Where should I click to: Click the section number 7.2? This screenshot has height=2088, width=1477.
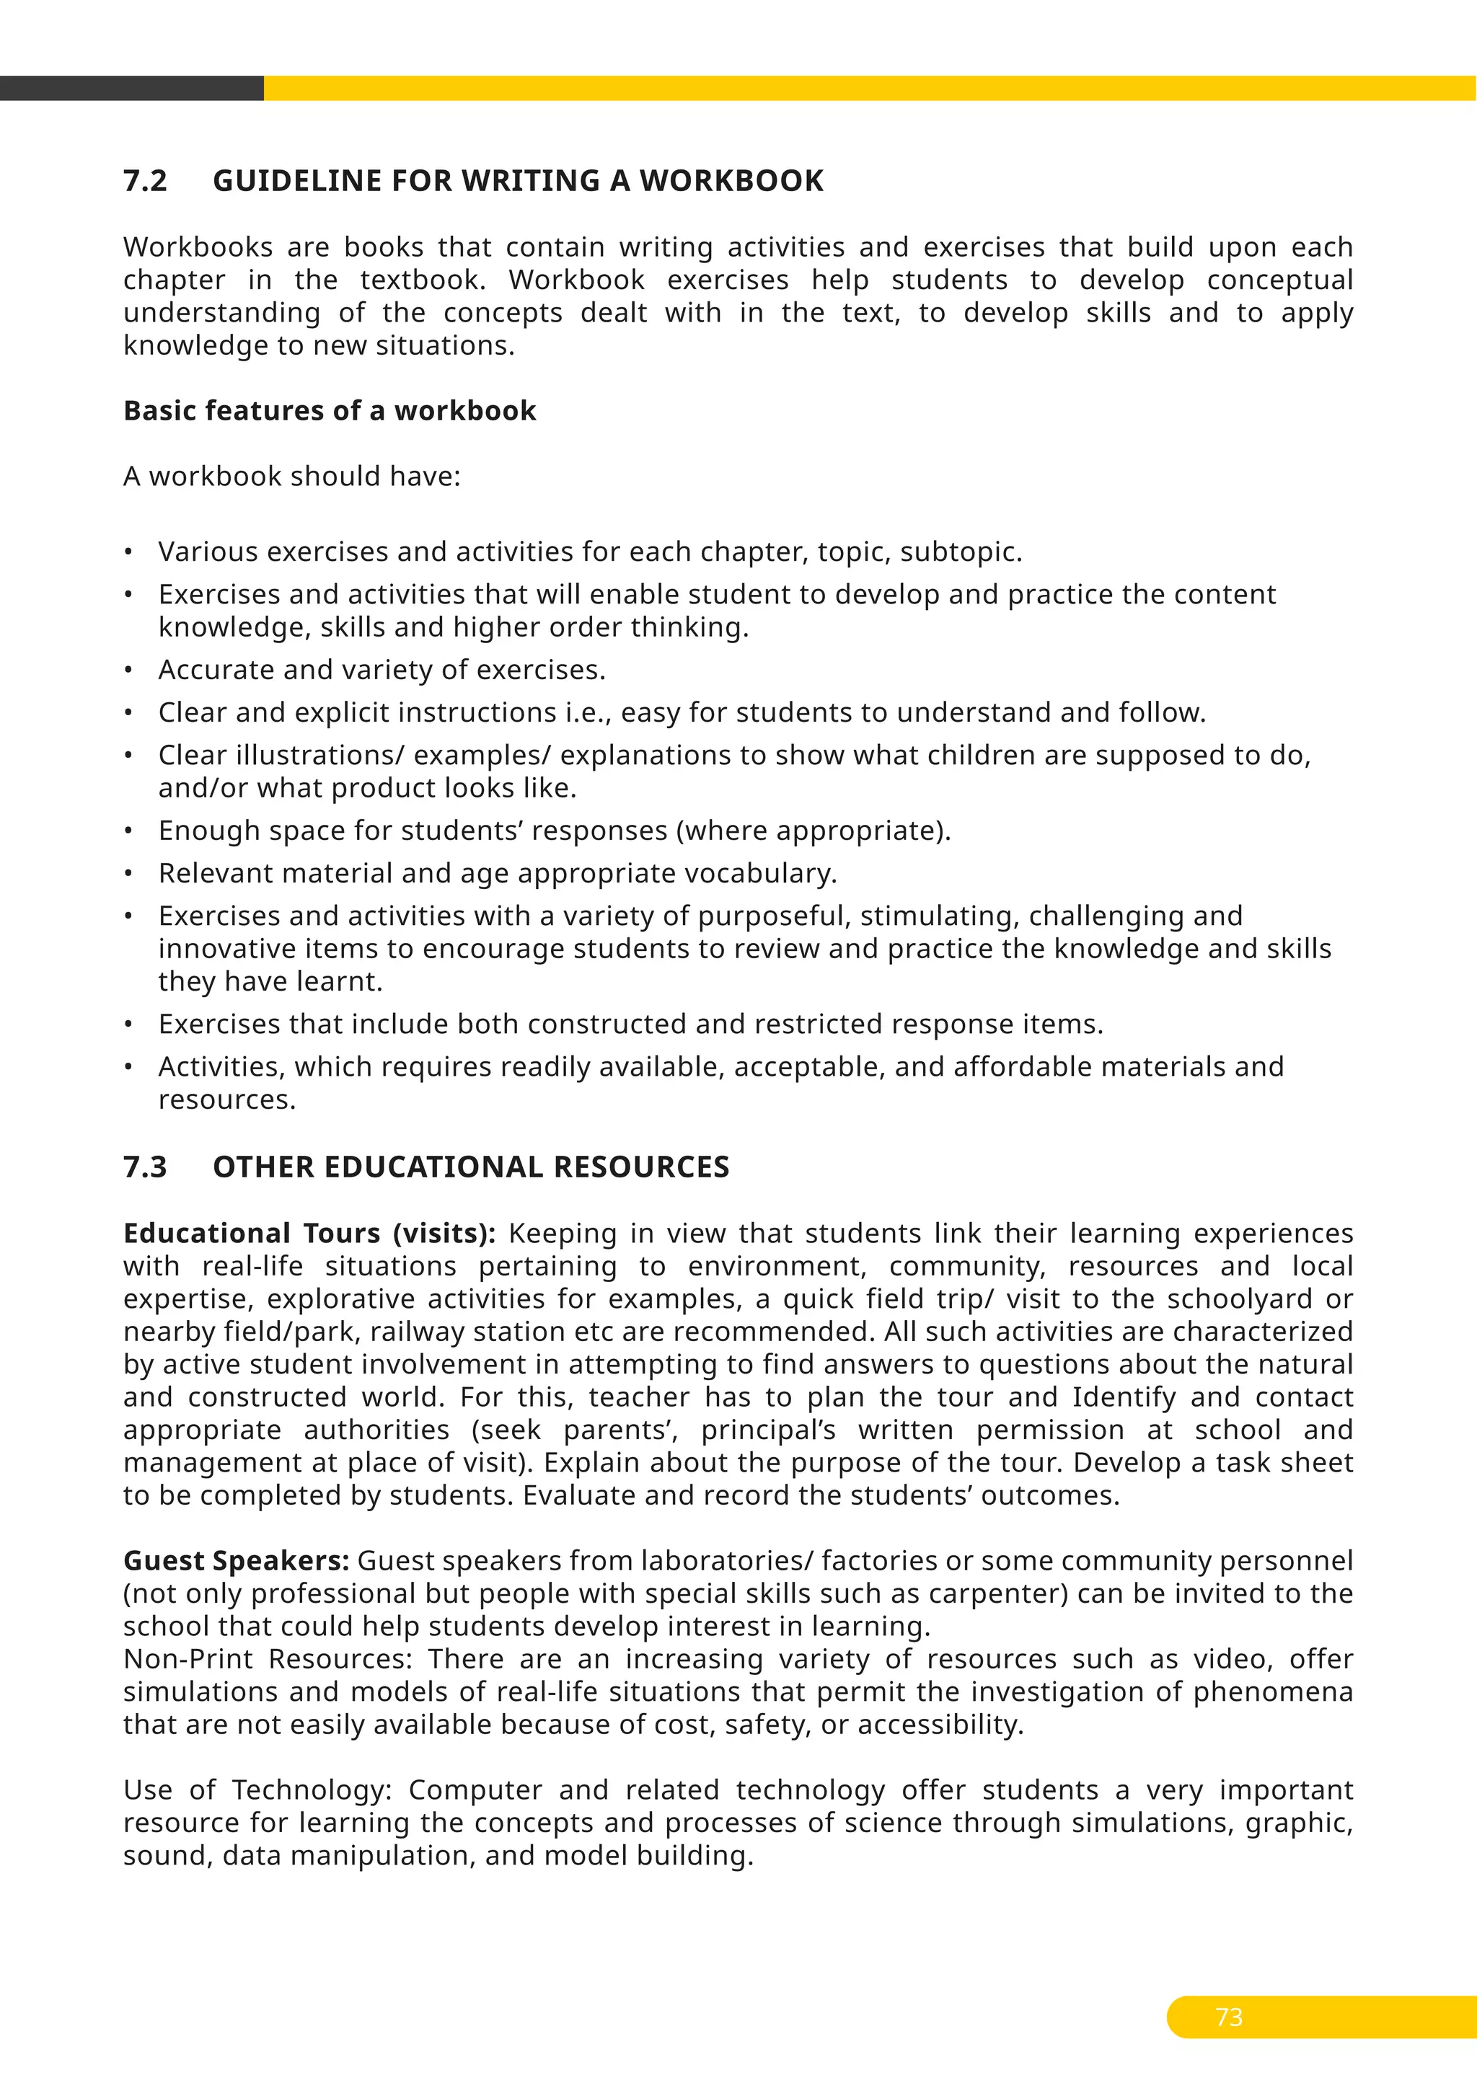(146, 181)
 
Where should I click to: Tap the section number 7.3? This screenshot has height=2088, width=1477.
(146, 1167)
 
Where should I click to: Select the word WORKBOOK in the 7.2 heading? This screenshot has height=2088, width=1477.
(731, 181)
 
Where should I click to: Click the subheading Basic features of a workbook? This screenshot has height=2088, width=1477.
(330, 411)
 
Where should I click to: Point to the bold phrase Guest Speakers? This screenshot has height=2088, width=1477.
(237, 1560)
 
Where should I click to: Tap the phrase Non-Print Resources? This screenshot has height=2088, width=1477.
(268, 1659)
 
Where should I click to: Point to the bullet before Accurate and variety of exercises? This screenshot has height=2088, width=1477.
(129, 671)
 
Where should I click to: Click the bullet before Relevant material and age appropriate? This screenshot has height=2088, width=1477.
(129, 874)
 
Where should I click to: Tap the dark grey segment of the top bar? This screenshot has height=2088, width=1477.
(131, 88)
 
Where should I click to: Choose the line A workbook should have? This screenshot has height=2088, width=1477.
(292, 477)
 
